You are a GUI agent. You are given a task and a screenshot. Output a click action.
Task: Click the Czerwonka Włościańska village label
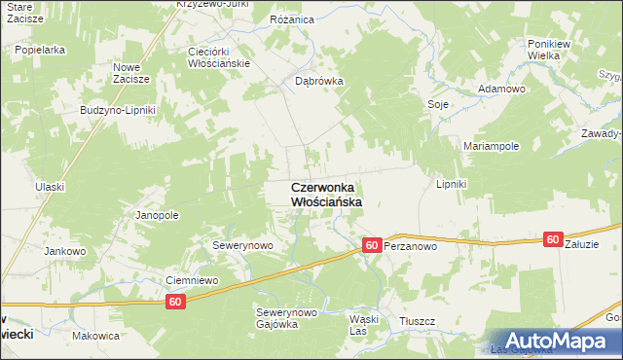[326, 194]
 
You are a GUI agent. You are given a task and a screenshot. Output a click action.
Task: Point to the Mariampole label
[491, 145]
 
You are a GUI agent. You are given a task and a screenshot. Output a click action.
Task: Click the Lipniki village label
[452, 184]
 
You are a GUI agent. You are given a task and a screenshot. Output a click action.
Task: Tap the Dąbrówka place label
[319, 82]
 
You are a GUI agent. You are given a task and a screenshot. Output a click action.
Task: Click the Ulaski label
[48, 187]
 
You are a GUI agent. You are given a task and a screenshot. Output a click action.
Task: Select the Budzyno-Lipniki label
[118, 110]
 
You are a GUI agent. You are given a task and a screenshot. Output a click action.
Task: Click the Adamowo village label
[500, 89]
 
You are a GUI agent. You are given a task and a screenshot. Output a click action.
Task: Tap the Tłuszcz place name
[417, 320]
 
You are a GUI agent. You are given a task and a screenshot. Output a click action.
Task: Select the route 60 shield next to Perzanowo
[371, 246]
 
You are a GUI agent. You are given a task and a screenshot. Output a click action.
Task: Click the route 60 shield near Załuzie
[553, 239]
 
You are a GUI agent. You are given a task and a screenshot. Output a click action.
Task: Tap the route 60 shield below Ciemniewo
[175, 303]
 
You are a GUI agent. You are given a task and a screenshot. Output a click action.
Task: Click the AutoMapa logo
[551, 340]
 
